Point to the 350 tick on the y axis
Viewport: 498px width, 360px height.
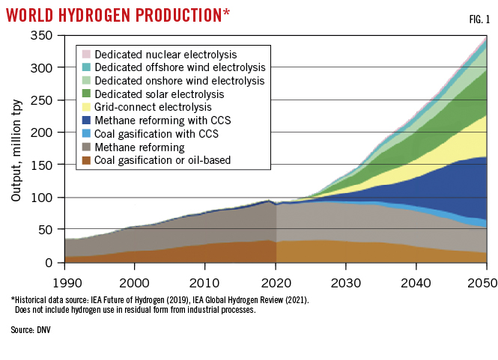(46, 35)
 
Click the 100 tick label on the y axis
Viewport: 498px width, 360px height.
(46, 198)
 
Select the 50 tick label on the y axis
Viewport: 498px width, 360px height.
(49, 230)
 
